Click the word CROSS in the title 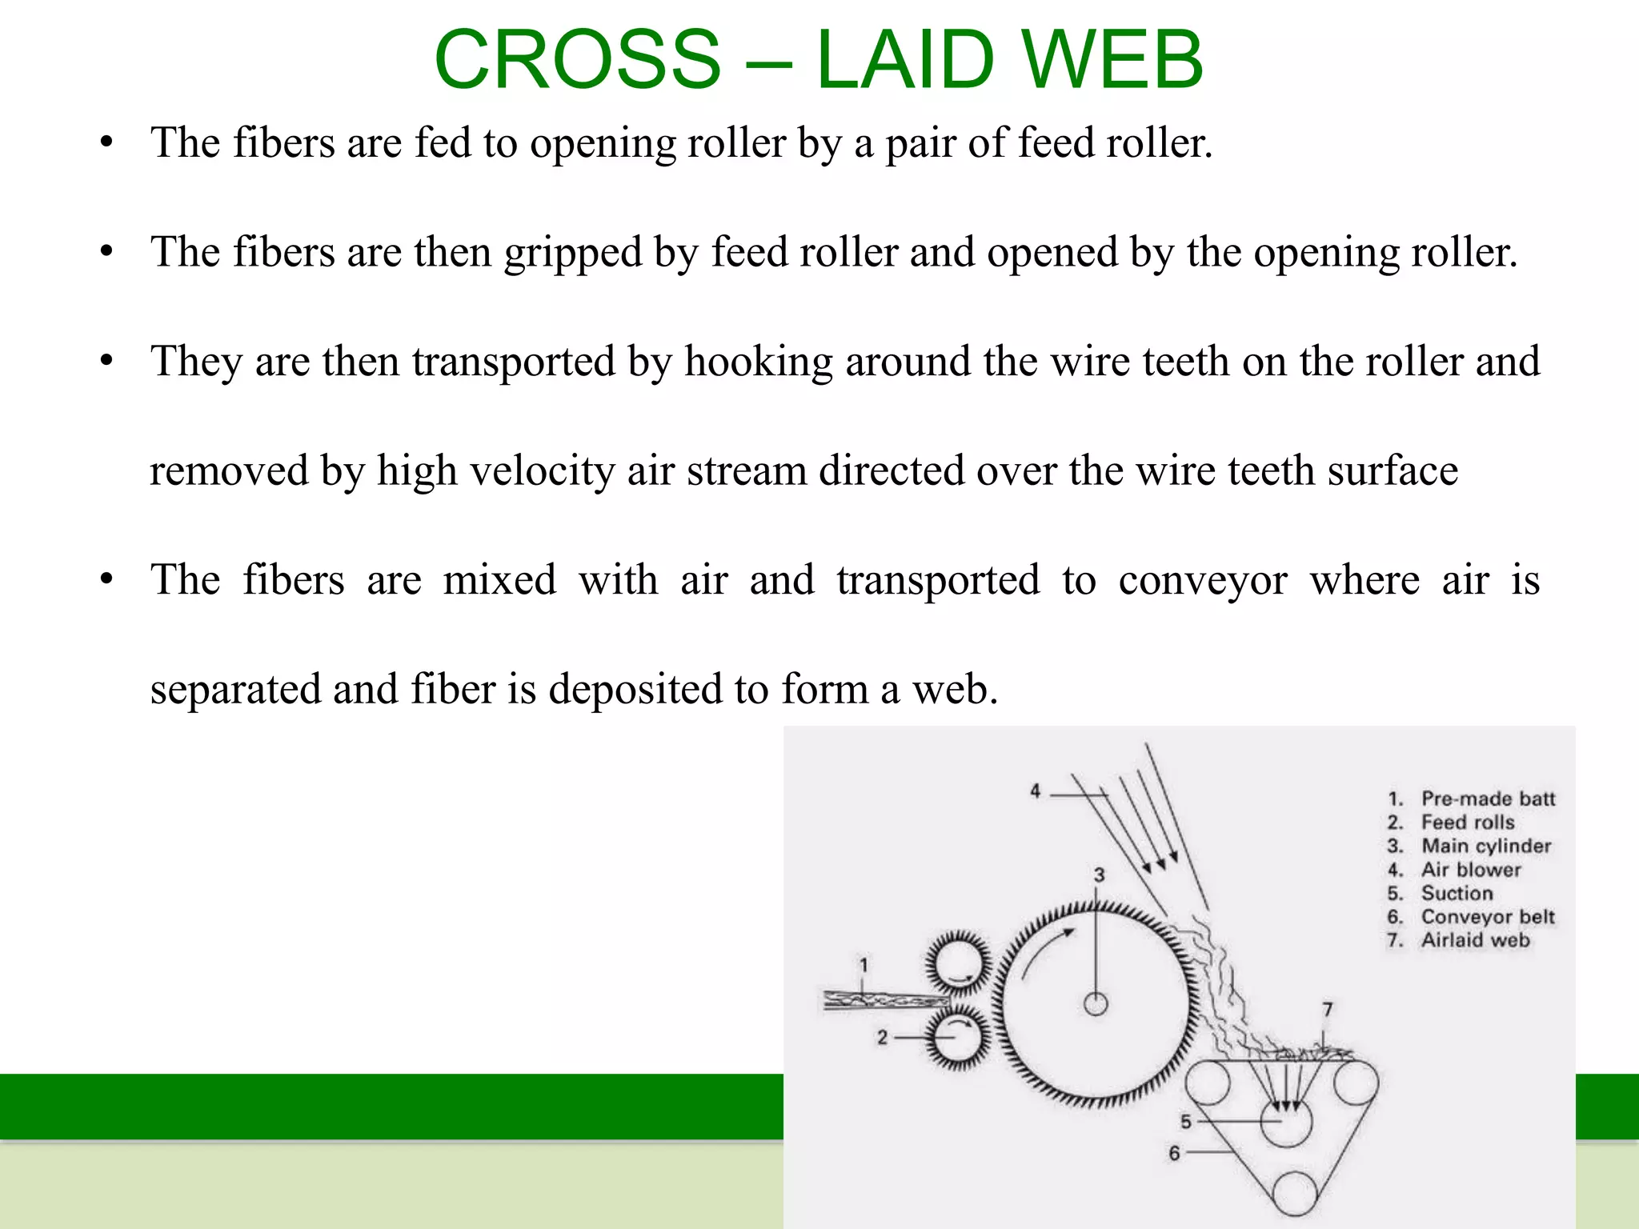click(x=577, y=59)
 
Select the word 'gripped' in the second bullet click(x=573, y=253)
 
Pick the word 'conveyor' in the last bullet click(x=1203, y=580)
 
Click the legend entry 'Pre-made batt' click(x=1488, y=799)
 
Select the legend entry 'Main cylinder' click(x=1486, y=846)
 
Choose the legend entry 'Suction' click(x=1457, y=893)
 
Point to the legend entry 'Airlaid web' click(x=1475, y=940)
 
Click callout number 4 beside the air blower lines click(x=1035, y=791)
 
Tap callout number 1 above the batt click(x=864, y=965)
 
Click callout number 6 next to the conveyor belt click(x=1174, y=1153)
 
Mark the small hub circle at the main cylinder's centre click(x=1095, y=1003)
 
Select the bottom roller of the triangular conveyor click(x=1294, y=1195)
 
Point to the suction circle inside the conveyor click(x=1286, y=1122)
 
